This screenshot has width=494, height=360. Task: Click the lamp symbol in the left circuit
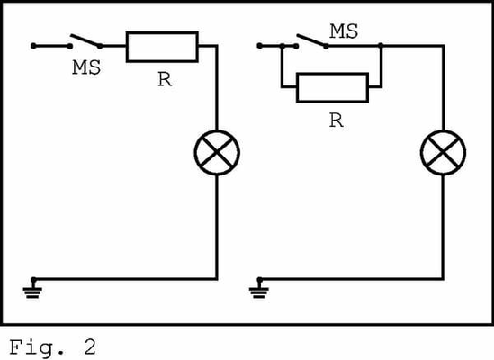click(218, 154)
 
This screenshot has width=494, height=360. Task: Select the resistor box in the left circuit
click(162, 46)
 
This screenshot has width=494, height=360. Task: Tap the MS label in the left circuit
click(86, 67)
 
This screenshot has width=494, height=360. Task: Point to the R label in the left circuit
click(164, 79)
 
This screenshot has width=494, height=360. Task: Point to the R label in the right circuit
click(336, 121)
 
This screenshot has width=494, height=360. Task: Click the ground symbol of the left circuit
click(34, 287)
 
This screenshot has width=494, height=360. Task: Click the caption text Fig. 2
click(51, 345)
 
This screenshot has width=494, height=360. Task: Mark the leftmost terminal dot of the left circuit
click(32, 45)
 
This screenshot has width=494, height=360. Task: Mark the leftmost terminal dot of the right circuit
click(259, 45)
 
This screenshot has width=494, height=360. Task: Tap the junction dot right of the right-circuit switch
click(382, 45)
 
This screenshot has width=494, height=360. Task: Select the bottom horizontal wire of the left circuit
click(126, 276)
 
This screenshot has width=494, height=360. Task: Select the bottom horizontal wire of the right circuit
click(351, 276)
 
